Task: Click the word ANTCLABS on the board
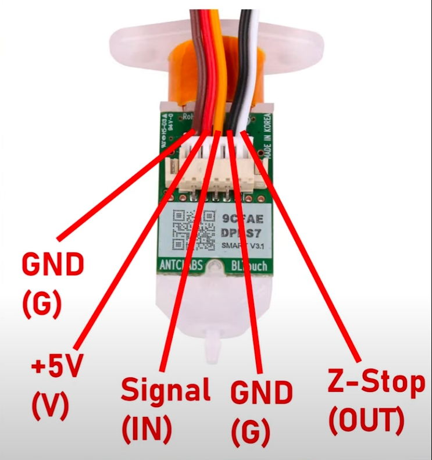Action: [x=181, y=266]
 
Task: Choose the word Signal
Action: [x=165, y=390]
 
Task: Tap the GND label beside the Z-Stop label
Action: [x=261, y=394]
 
